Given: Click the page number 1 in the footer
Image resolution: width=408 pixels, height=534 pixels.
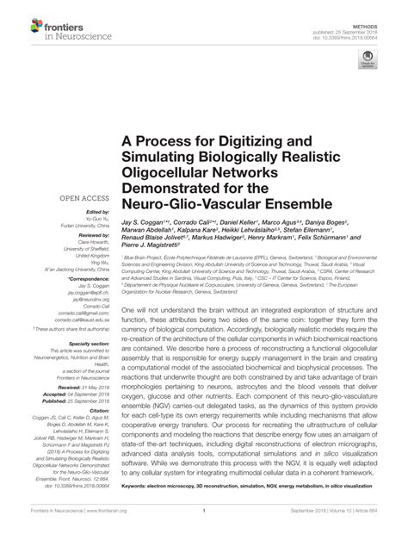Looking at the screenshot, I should pos(201,522).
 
